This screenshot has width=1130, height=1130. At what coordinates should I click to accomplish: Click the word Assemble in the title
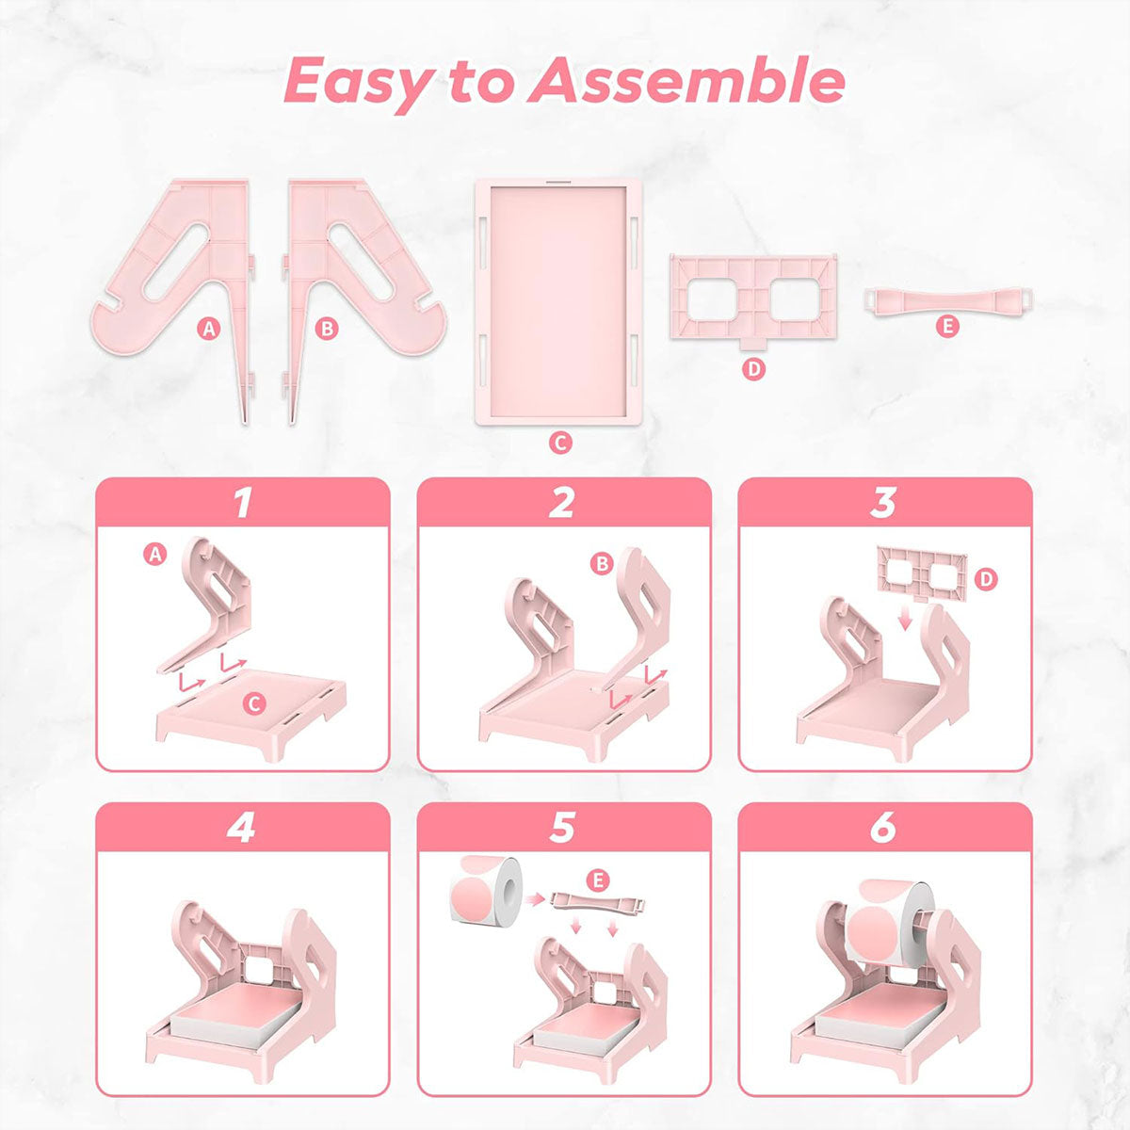click(686, 81)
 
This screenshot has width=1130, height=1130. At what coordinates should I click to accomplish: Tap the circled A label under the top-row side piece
click(209, 328)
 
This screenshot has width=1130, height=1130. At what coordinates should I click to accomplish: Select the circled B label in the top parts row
click(327, 328)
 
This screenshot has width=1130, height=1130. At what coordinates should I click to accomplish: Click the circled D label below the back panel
click(752, 369)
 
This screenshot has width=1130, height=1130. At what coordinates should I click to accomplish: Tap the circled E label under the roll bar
click(947, 327)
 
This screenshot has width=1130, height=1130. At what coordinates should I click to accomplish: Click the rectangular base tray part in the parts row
click(559, 299)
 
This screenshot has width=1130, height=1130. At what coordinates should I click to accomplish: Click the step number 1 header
click(243, 503)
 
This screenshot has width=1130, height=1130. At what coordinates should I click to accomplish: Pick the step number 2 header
click(562, 503)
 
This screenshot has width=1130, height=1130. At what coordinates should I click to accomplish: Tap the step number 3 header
click(883, 503)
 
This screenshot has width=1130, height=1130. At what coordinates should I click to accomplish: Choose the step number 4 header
click(243, 828)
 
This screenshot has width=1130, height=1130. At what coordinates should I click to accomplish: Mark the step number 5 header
click(562, 828)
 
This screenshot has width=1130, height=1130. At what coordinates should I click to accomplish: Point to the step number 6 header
click(883, 828)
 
